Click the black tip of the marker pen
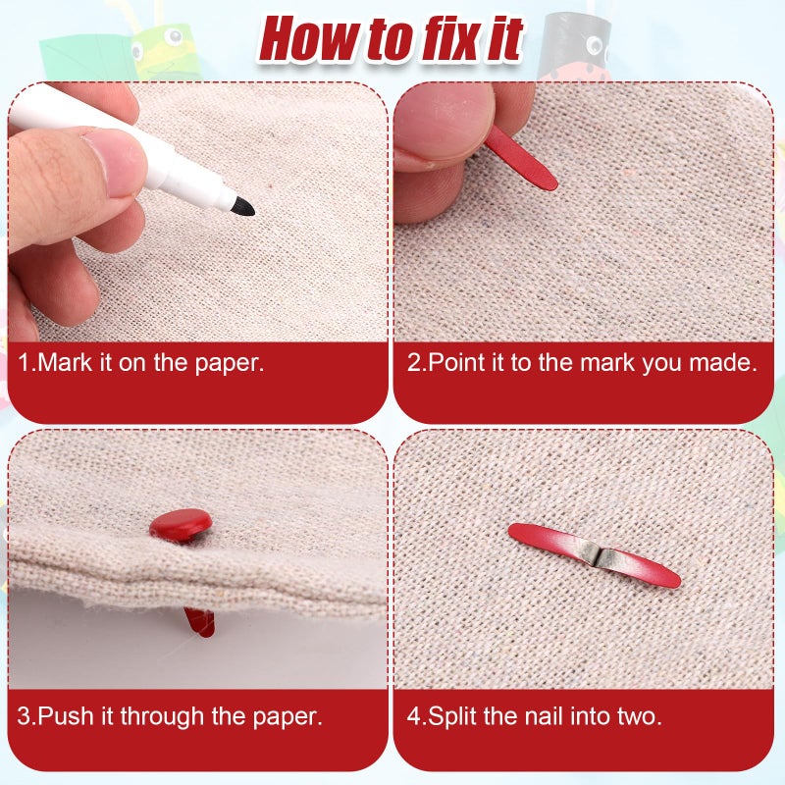243,206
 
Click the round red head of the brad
181,523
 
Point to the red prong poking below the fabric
200,622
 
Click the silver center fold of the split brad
597,555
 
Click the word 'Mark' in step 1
65,362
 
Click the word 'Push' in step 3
66,716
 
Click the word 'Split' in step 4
452,717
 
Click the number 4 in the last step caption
413,716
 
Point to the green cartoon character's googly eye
175,36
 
